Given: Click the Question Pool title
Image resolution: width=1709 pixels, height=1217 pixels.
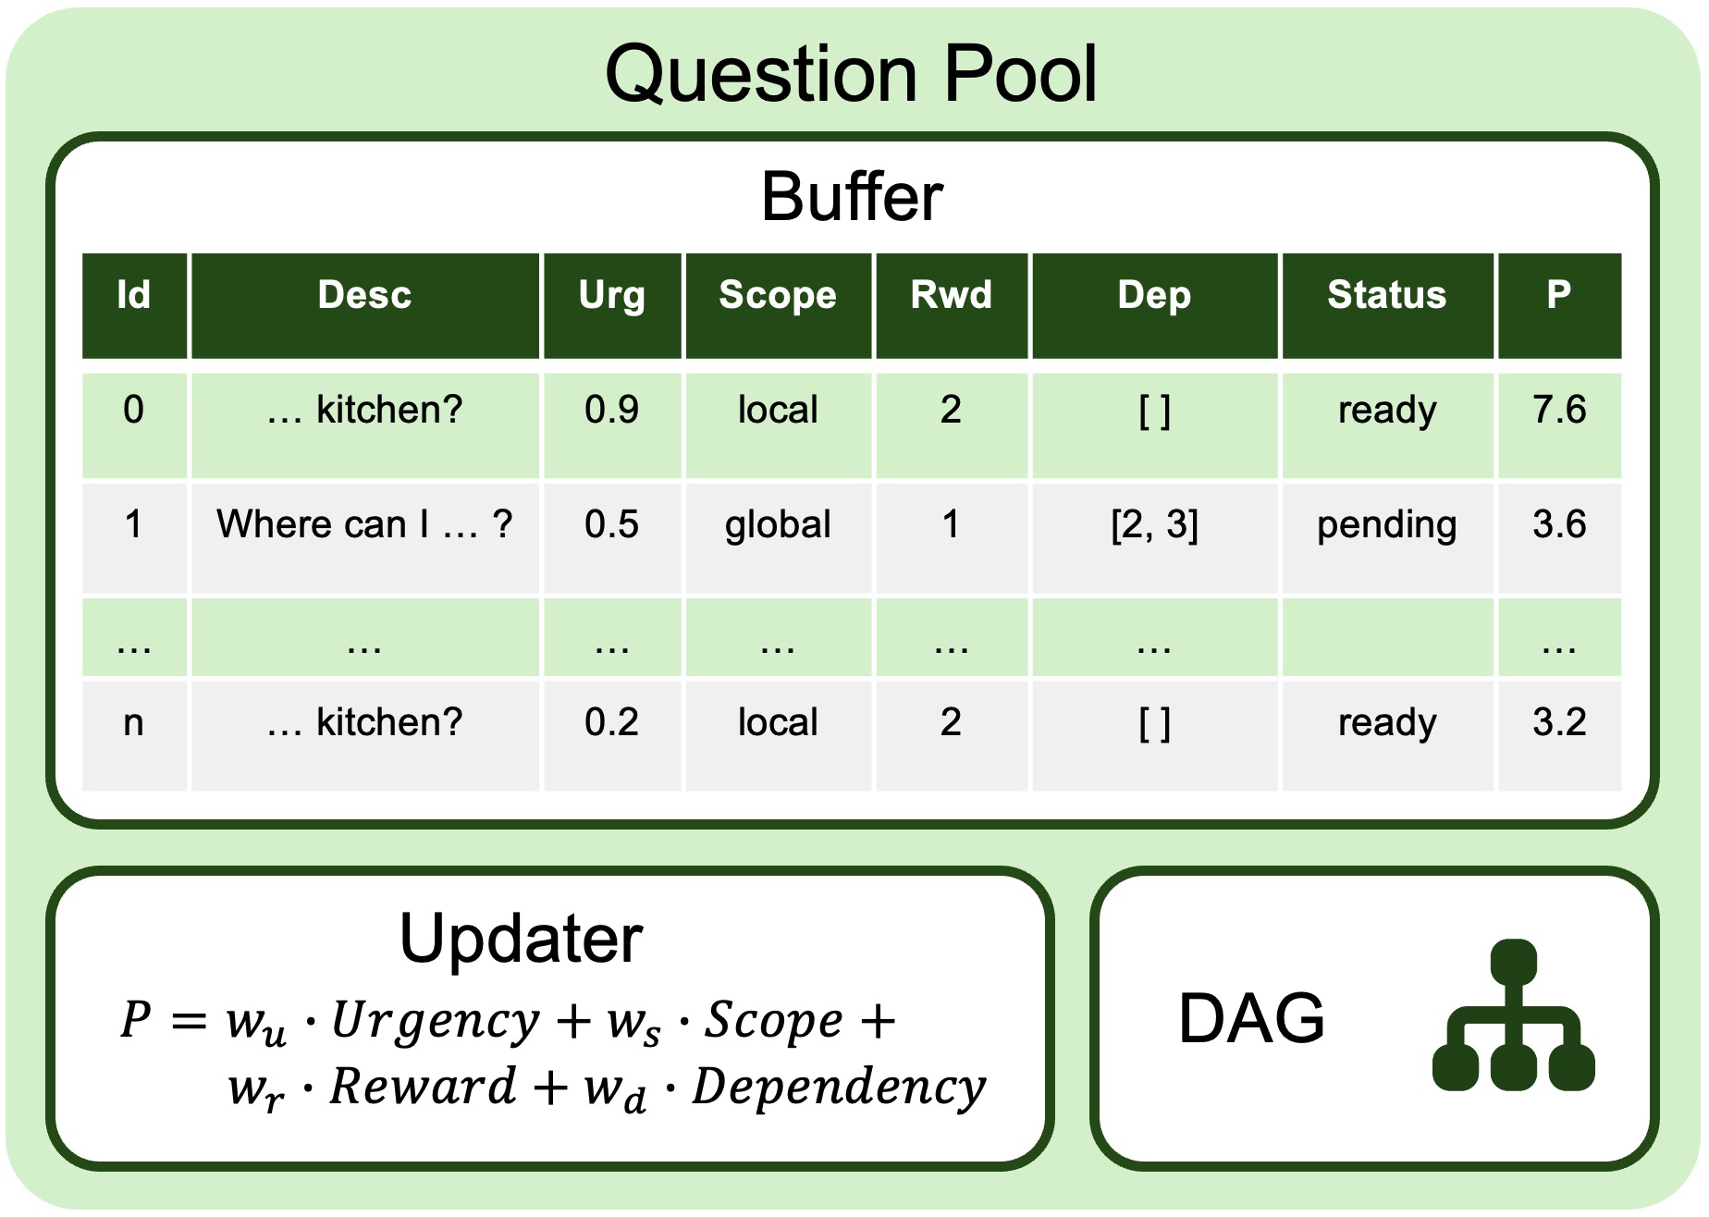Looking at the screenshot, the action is (851, 74).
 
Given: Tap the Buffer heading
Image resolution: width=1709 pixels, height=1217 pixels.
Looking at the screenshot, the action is (852, 197).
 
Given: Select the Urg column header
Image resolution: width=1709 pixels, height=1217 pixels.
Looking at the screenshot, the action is (612, 295).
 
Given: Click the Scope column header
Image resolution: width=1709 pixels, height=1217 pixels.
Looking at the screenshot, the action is (778, 295).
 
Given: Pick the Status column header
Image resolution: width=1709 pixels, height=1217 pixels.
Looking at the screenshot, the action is (1386, 295).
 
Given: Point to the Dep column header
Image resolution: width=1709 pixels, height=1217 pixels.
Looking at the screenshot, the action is (1154, 295).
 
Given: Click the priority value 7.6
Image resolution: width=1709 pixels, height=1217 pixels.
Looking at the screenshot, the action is (1559, 410).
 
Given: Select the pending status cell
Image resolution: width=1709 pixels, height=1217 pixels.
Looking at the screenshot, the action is (1386, 524).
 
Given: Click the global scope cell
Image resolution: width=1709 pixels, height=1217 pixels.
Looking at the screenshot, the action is (778, 524).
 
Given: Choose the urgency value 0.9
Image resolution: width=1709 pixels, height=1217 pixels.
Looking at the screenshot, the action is (611, 410).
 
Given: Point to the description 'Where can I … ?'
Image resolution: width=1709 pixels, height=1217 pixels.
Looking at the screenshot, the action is (364, 524).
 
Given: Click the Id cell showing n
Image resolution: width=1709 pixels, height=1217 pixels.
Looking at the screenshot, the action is (133, 722).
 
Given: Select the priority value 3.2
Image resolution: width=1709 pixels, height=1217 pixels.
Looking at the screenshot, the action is (1559, 722).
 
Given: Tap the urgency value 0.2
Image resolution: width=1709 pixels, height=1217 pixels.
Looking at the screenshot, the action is (611, 722).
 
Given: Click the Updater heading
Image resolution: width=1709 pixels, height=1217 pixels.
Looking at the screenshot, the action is (521, 940).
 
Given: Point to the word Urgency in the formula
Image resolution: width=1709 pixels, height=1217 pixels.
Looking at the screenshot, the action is (435, 1021).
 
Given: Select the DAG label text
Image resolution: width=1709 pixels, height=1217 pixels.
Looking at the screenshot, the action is (1251, 1018).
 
